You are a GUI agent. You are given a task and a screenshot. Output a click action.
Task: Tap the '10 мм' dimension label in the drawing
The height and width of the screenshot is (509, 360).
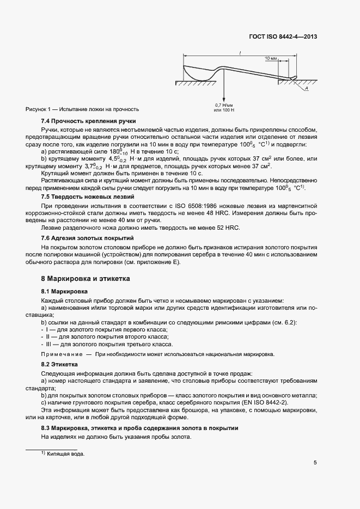coord(271,58)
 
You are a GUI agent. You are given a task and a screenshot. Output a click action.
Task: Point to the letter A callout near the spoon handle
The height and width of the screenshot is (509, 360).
coord(307,88)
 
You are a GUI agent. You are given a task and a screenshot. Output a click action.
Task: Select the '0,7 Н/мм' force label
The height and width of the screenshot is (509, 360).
coord(223,105)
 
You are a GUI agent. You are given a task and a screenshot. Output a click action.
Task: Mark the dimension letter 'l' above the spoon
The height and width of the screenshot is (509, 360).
coord(240,51)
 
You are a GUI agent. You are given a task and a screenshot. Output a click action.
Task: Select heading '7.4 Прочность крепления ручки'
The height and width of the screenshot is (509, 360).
coord(88,121)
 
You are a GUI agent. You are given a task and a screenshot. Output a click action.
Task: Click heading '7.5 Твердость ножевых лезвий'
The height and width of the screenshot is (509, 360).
coord(87,196)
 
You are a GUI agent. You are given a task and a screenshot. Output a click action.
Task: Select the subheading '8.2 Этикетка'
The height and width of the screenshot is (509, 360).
coord(60,364)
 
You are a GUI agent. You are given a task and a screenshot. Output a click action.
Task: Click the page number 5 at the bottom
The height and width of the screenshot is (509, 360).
coord(315,463)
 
